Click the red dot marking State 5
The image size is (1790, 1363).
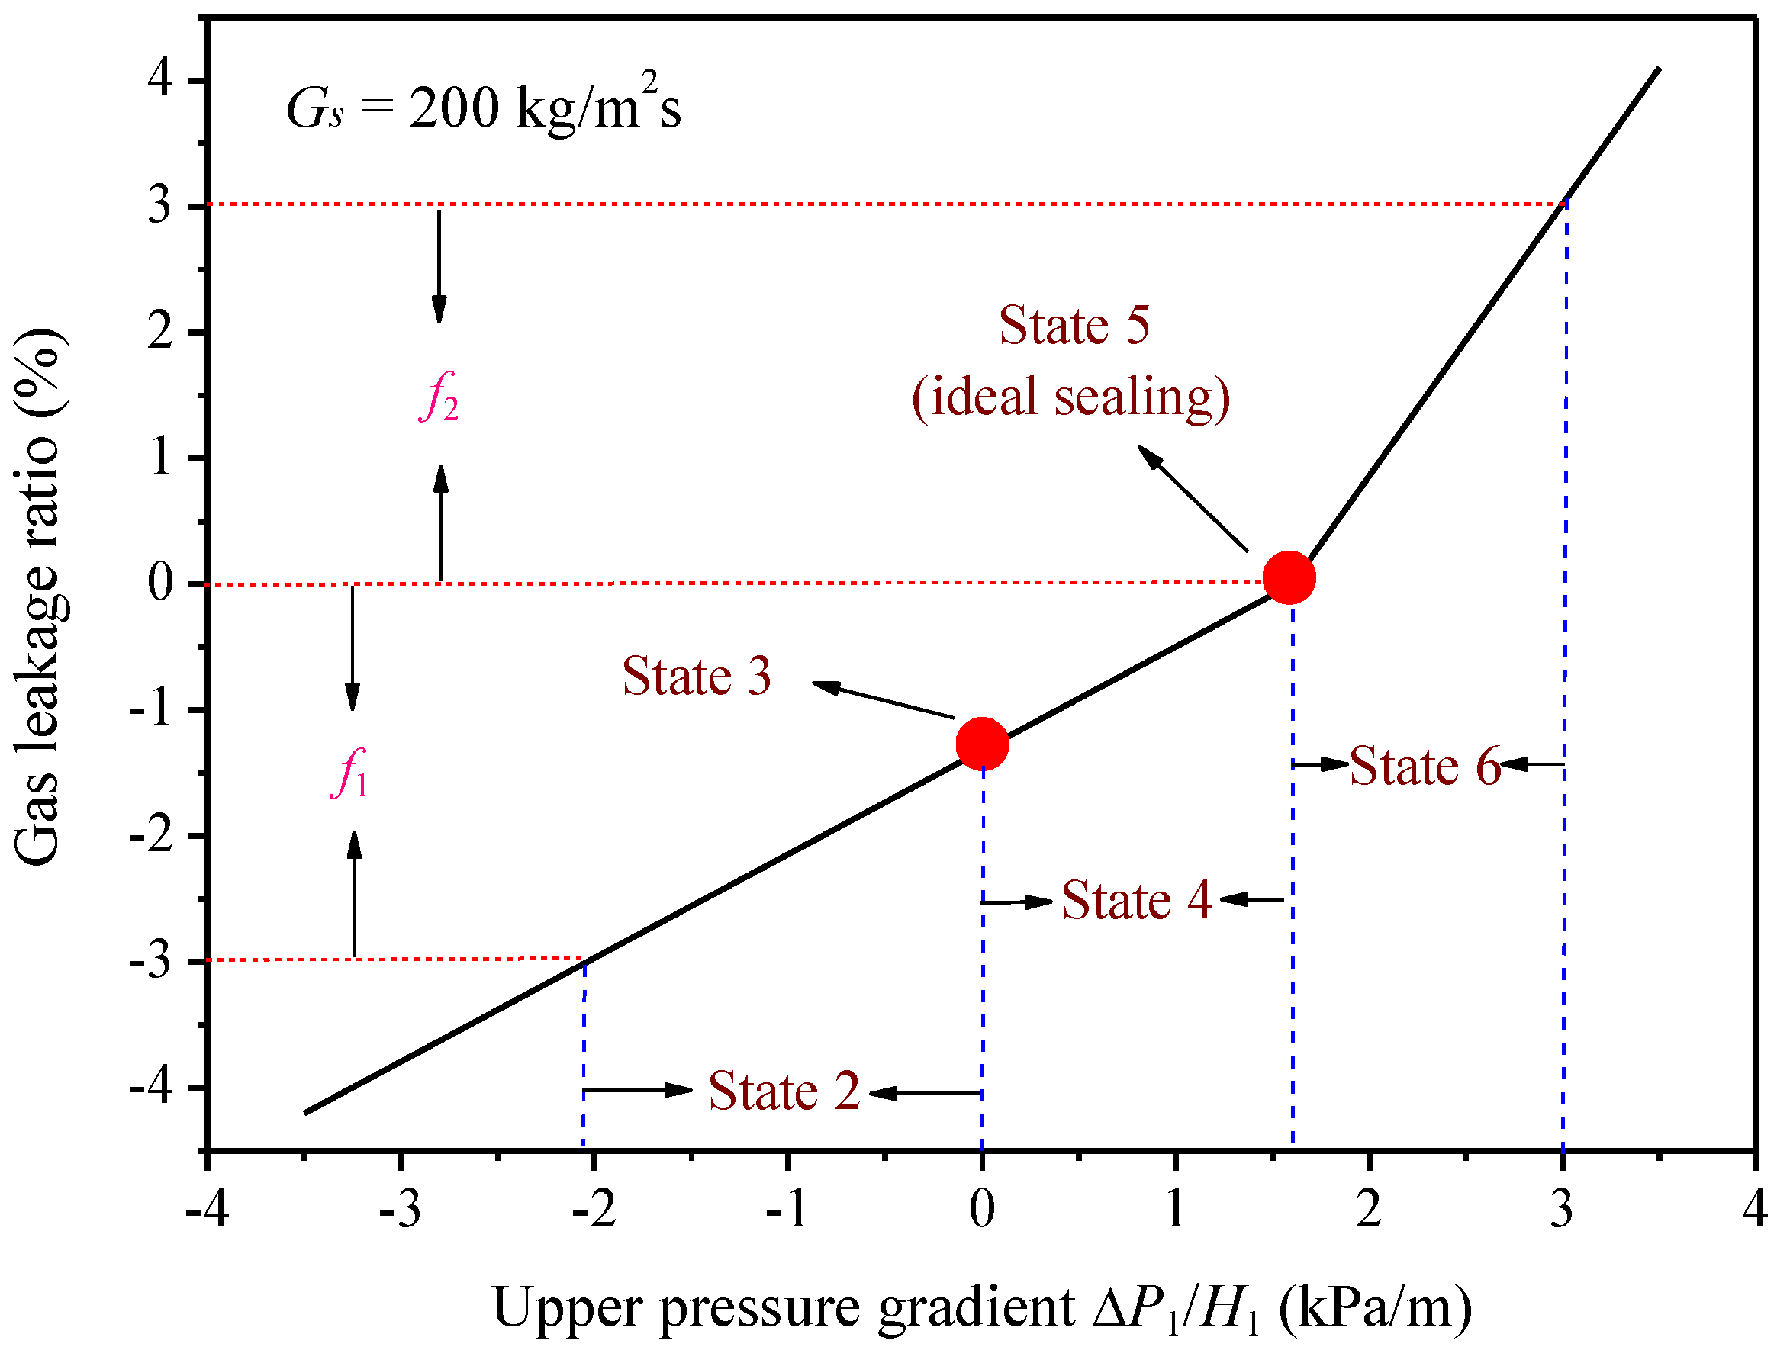tap(1289, 577)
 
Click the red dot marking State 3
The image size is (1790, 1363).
tap(982, 743)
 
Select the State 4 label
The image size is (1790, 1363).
tap(1136, 900)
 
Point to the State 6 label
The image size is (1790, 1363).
tap(1425, 765)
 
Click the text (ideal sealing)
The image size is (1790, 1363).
tap(1071, 397)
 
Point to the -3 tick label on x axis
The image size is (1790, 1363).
tap(400, 1210)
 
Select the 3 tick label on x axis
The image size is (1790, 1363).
tap(1561, 1210)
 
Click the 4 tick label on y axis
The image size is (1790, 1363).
tap(160, 79)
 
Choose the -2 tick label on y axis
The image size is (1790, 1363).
tap(152, 836)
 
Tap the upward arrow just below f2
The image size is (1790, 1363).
tap(440, 523)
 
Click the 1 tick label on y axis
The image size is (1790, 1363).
tap(160, 458)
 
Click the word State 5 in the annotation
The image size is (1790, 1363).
tap(1074, 326)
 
